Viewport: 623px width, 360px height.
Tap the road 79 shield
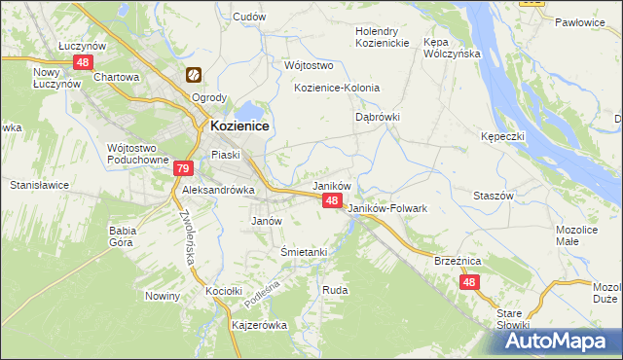[183, 168]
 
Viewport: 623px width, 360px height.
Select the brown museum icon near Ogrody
[194, 75]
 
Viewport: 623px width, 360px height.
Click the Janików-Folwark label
[387, 208]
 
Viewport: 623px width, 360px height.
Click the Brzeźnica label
[458, 261]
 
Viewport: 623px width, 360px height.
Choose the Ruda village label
[335, 290]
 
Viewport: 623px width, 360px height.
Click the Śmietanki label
[303, 251]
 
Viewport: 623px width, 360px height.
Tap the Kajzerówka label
[258, 325]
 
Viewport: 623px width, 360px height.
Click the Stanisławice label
[36, 184]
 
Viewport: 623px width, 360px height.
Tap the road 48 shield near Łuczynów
[81, 62]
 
